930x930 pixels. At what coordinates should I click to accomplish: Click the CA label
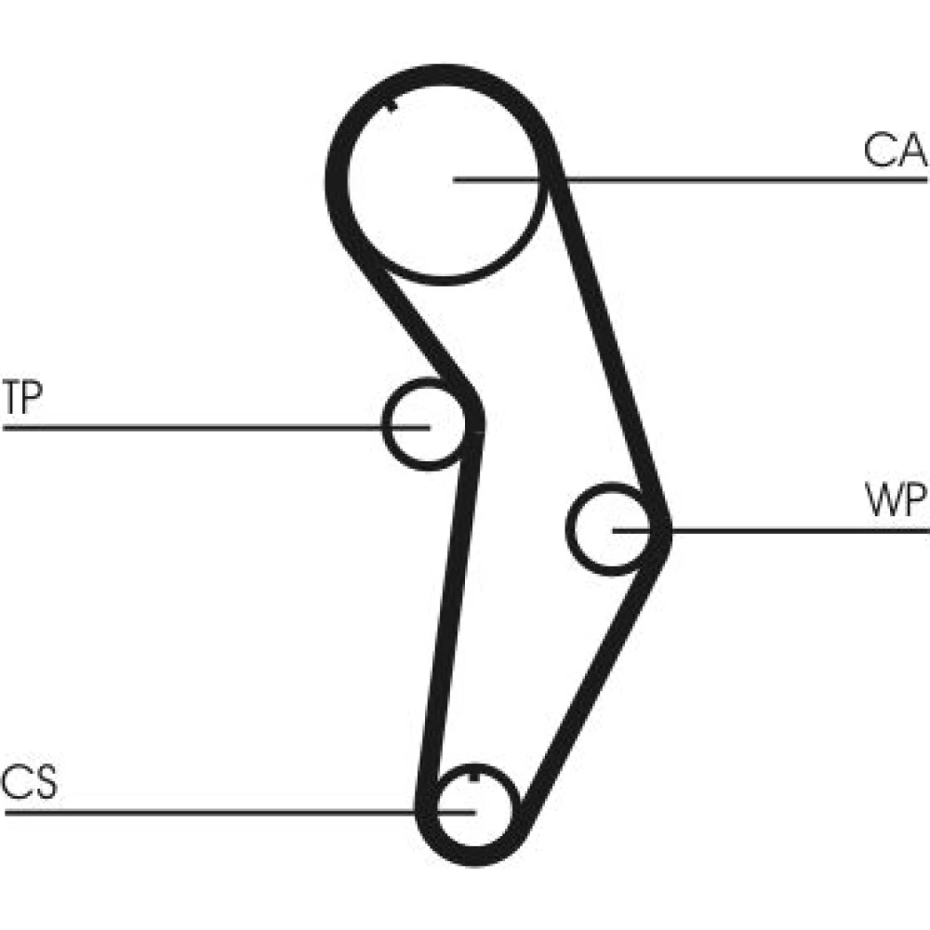[x=895, y=150]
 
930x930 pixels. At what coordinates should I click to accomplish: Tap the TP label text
[x=22, y=398]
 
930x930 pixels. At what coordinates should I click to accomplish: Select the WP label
[x=895, y=502]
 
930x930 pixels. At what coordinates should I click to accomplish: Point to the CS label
[x=29, y=783]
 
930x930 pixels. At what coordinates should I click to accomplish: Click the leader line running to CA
[x=744, y=178]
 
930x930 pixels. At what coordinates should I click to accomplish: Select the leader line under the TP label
[x=186, y=428]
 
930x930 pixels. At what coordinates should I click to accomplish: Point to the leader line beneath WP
[x=800, y=530]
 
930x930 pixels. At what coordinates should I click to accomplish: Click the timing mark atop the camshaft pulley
[x=392, y=104]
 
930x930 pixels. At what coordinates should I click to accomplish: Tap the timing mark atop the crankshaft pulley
[x=475, y=776]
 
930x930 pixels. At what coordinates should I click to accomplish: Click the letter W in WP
[x=881, y=502]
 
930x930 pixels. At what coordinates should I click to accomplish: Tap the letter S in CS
[x=43, y=783]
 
